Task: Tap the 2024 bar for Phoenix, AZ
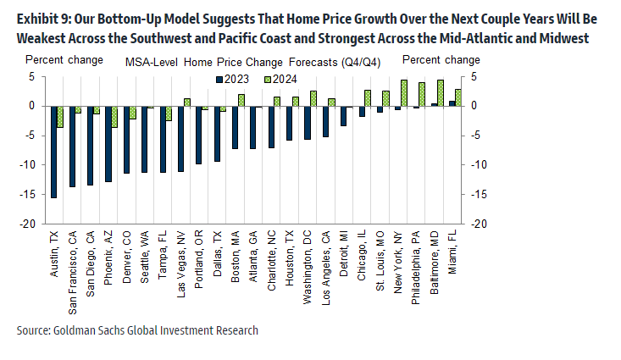(114, 116)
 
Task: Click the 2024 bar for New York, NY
(404, 93)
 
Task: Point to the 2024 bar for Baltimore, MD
(441, 93)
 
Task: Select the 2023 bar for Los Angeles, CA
(325, 121)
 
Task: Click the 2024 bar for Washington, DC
(313, 98)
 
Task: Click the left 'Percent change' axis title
(64, 60)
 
